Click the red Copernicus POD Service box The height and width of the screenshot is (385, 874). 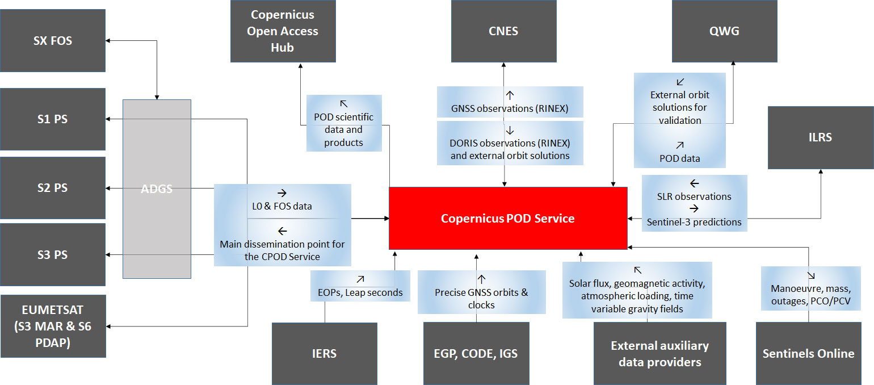tap(507, 218)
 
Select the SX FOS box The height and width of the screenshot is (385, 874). tap(53, 40)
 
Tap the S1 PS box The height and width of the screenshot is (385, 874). tap(53, 119)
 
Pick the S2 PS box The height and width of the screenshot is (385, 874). tap(53, 187)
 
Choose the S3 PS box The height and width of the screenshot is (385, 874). tap(53, 254)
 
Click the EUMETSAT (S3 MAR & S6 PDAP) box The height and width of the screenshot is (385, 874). tap(53, 326)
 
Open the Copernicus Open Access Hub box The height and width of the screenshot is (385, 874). tap(283, 31)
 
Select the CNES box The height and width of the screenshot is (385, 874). tap(503, 31)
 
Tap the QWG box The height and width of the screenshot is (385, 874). tap(724, 31)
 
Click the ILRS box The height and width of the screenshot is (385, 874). tap(820, 137)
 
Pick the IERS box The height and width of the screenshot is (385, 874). tap(324, 353)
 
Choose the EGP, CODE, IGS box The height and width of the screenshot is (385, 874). tap(476, 353)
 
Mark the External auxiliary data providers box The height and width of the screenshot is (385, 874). tap(659, 353)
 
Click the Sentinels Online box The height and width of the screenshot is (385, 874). tap(808, 353)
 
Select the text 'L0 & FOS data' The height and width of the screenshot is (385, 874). tap(283, 206)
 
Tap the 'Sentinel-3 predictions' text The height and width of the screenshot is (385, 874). tap(694, 222)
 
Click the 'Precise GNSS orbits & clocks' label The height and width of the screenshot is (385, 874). tap(481, 299)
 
